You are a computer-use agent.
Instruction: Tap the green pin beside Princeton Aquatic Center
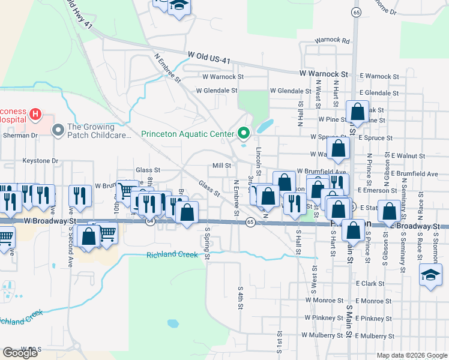point(244,133)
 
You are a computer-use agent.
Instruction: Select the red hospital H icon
point(35,113)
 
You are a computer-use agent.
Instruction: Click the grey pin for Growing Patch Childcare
point(58,130)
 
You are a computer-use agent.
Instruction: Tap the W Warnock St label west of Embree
point(223,77)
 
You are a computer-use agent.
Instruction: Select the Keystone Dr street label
point(40,161)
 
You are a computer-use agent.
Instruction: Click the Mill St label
point(221,166)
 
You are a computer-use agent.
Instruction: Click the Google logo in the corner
point(20,353)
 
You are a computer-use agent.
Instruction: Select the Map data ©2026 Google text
point(411,355)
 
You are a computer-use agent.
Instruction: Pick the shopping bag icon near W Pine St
point(358,112)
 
